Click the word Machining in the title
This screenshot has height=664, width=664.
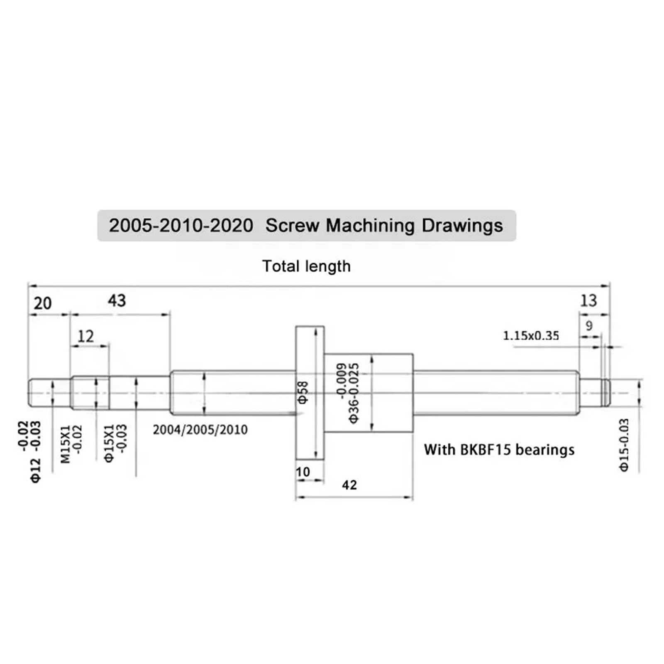(370, 226)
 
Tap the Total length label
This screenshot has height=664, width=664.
(306, 266)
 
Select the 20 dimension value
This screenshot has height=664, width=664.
(43, 303)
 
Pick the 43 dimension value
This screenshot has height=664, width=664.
(117, 300)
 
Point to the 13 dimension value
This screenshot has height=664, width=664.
(588, 300)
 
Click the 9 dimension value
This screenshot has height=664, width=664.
(589, 326)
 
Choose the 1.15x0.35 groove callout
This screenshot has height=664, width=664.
(531, 335)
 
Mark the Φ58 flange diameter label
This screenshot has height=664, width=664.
(304, 392)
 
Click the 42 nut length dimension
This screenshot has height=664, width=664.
(349, 485)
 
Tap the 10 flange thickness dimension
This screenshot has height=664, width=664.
(303, 472)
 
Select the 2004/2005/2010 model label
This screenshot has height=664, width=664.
(200, 430)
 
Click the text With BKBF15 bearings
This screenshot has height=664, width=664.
(499, 450)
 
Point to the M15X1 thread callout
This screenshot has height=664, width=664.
(66, 444)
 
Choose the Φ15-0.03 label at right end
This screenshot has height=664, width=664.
(624, 445)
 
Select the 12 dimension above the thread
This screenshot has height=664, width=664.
(86, 336)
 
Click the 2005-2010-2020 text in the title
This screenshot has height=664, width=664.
(181, 226)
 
